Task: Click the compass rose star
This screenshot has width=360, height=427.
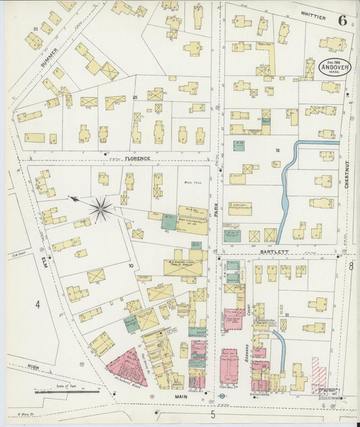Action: point(101,209)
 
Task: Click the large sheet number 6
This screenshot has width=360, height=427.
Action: point(342,20)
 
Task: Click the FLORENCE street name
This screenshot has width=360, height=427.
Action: point(137,158)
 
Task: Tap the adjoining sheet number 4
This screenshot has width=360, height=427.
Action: point(38,305)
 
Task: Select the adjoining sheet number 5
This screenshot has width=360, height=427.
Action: point(213,413)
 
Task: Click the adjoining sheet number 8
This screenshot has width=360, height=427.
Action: point(351,266)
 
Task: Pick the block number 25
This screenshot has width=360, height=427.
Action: point(135,99)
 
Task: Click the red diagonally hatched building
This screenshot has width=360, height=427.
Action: point(319,374)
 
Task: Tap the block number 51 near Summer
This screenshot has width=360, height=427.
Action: point(35,28)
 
